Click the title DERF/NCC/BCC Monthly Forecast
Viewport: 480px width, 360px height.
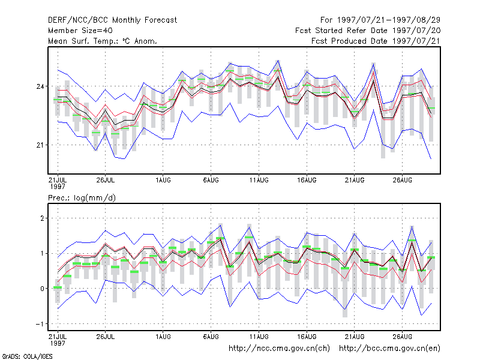112,20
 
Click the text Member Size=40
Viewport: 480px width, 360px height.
80,31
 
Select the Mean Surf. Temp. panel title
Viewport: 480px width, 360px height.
102,41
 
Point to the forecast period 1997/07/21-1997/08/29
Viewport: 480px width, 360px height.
380,20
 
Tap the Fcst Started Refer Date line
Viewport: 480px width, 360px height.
368,31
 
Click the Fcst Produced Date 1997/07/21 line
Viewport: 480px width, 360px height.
376,41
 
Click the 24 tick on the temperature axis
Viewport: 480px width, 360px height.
40,86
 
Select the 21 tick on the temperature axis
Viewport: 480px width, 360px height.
40,145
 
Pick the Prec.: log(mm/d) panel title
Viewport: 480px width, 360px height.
82,198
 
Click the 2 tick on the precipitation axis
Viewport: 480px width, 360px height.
42,218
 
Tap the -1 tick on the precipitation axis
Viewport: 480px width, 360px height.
40,324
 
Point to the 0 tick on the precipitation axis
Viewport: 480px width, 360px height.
42,289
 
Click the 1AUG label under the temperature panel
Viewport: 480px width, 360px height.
163,180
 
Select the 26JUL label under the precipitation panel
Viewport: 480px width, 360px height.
106,337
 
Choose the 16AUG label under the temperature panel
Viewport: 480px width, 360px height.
307,180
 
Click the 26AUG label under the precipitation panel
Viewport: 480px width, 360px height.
402,337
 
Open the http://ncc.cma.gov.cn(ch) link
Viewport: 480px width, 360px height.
279,349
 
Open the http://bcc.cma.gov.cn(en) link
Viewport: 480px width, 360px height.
389,349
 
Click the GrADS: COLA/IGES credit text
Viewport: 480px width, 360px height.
27,356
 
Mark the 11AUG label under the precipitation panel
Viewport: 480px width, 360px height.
259,337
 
